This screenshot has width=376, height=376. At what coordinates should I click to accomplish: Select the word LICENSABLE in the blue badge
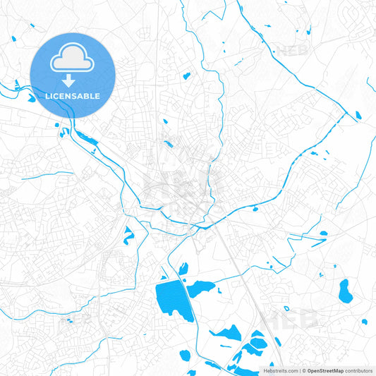pyautogui.click(x=72, y=96)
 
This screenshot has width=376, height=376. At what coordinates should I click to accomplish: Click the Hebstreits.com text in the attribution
pyautogui.click(x=281, y=370)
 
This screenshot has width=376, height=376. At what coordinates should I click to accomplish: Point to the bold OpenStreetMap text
pyautogui.click(x=325, y=370)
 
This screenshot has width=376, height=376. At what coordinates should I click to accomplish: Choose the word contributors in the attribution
pyautogui.click(x=359, y=370)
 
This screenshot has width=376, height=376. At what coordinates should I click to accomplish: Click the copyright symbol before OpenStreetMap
pyautogui.click(x=303, y=370)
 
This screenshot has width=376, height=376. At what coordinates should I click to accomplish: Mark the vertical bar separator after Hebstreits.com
pyautogui.click(x=299, y=370)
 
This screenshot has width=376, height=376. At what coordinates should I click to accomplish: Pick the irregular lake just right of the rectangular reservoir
pyautogui.click(x=200, y=288)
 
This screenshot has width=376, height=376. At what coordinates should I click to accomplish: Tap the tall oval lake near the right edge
pyautogui.click(x=344, y=289)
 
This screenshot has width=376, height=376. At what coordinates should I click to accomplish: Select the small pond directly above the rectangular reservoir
pyautogui.click(x=183, y=268)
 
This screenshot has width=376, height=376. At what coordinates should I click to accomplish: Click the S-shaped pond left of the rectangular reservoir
pyautogui.click(x=128, y=235)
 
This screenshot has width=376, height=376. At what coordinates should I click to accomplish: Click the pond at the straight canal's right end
pyautogui.click(x=358, y=115)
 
